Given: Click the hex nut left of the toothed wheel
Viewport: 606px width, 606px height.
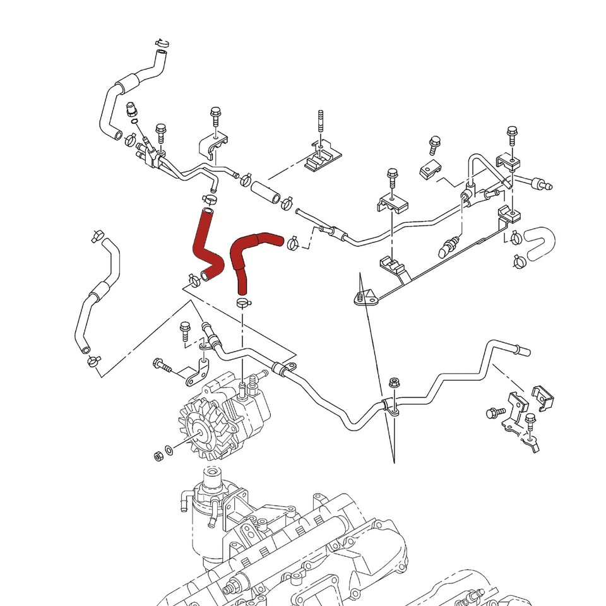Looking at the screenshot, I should click(157, 456).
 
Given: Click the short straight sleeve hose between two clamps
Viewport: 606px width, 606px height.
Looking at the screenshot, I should click(264, 192).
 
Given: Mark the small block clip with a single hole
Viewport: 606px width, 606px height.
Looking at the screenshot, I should click(430, 169).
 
